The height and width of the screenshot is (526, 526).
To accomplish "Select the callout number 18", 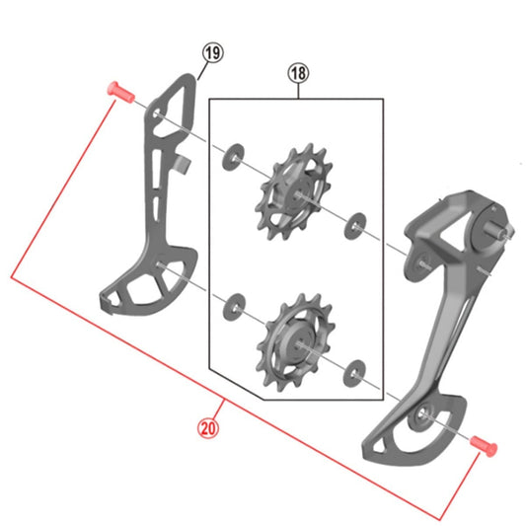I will click(298, 72).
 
